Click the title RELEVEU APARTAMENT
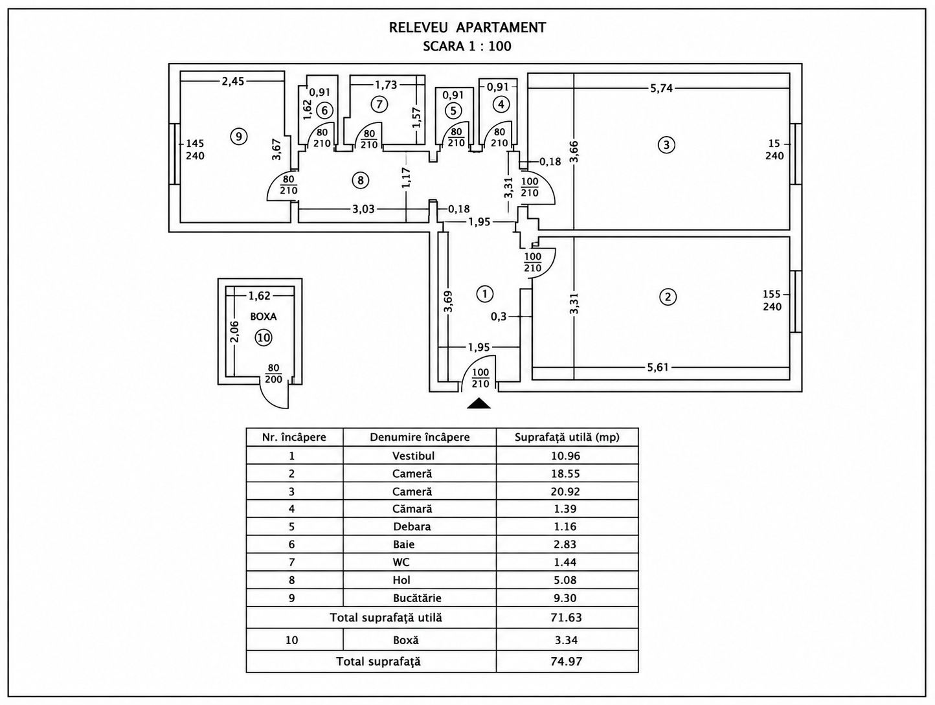[x=467, y=28]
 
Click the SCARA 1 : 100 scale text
[x=467, y=46]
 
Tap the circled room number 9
[x=238, y=137]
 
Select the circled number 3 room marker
[x=666, y=145]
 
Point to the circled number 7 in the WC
[x=379, y=104]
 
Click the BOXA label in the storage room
[x=264, y=317]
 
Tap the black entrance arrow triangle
[x=479, y=403]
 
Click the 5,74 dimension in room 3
[x=661, y=89]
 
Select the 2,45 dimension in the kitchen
[x=233, y=82]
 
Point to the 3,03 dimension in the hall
[x=363, y=209]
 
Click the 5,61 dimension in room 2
[x=658, y=367]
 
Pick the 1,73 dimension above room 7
[x=386, y=85]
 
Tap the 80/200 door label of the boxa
[x=273, y=374]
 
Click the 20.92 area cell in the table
[x=565, y=492]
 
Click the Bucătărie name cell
[x=417, y=598]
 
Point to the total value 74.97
[x=566, y=661]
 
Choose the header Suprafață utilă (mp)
[x=567, y=437]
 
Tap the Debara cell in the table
[x=412, y=526]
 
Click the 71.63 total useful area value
[x=566, y=618]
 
